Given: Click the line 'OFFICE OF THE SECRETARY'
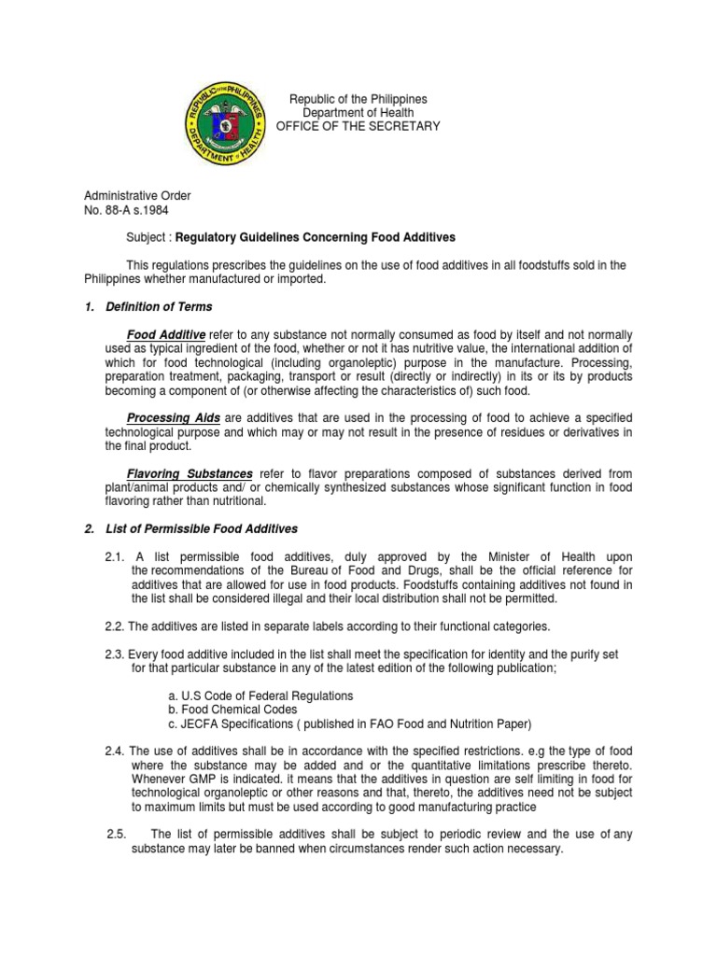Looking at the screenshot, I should (x=364, y=126).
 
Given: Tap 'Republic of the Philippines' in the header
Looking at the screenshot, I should (x=358, y=99).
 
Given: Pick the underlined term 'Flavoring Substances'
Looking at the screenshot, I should (x=191, y=473).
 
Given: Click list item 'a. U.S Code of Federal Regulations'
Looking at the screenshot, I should (x=247, y=696).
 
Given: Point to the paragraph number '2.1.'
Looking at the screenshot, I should (x=117, y=557).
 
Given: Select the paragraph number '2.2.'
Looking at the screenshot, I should (x=116, y=626).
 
